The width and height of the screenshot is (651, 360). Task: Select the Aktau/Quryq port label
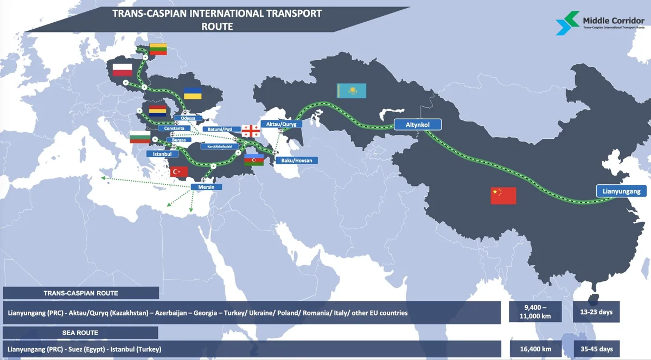click(282, 124)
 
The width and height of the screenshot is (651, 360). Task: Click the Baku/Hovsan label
click(296, 160)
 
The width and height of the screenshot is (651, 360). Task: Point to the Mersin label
click(207, 187)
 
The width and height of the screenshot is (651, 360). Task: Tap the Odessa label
click(188, 118)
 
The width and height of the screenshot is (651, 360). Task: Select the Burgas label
click(179, 140)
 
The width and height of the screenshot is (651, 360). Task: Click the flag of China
click(503, 195)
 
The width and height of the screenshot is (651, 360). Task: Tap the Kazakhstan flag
click(352, 91)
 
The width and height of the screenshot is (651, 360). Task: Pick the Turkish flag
click(179, 172)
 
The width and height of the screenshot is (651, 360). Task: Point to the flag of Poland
click(122, 69)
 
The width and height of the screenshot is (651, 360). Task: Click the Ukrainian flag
click(193, 93)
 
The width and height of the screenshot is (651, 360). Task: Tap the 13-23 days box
click(596, 312)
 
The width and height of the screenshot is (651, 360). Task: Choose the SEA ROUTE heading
click(80, 332)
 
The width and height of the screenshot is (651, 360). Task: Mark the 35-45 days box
click(596, 349)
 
